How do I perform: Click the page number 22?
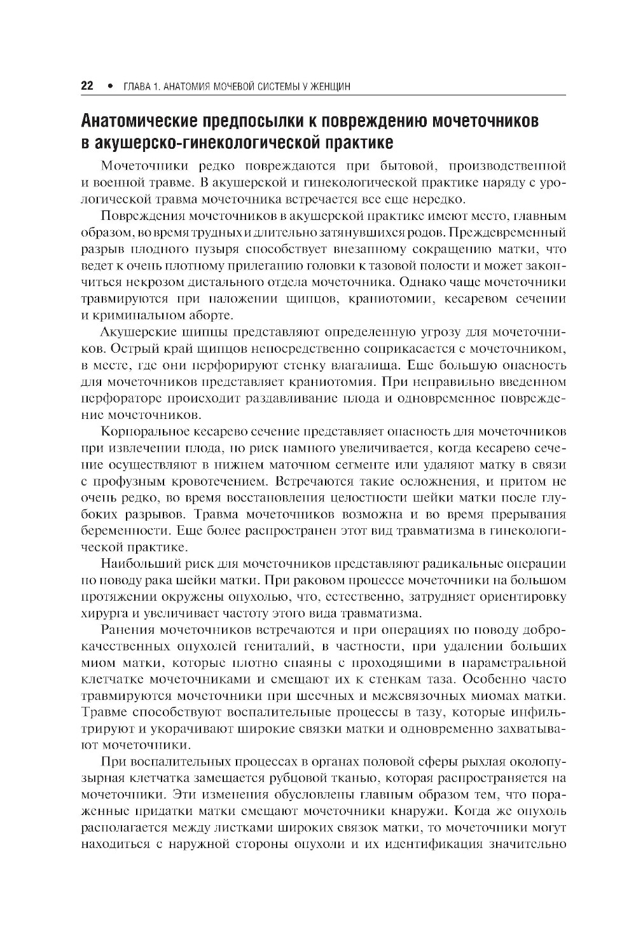(x=87, y=86)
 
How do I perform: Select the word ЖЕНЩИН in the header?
(x=329, y=86)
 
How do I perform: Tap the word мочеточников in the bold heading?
(x=478, y=120)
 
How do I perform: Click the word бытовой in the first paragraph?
(x=411, y=167)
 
